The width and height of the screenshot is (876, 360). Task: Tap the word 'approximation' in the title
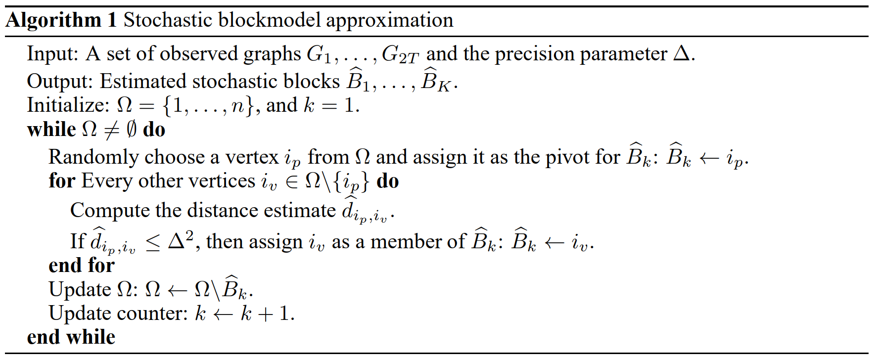coord(389,20)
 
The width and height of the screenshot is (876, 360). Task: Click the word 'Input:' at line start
coord(52,53)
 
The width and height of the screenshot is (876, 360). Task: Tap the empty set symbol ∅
coord(131,130)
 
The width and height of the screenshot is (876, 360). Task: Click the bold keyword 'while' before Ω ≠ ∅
coord(51,130)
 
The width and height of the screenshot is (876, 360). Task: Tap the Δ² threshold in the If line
coord(181,240)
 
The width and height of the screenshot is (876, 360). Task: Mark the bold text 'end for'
coord(82,266)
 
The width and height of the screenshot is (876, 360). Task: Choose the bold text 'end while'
coord(71,337)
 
